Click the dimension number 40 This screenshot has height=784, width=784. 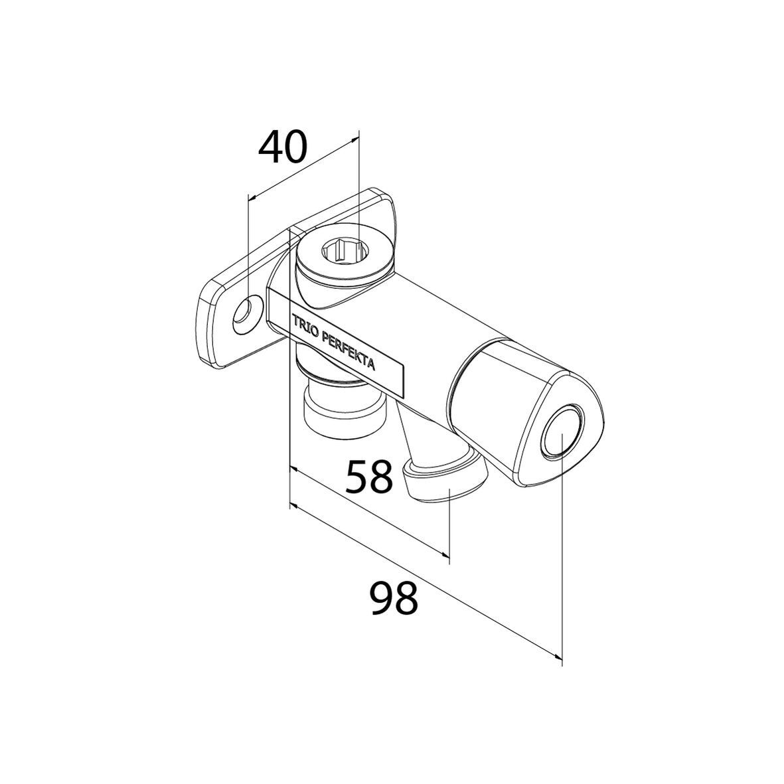pyautogui.click(x=283, y=147)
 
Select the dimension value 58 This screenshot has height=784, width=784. pyautogui.click(x=370, y=477)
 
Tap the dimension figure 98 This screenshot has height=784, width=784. pyautogui.click(x=394, y=598)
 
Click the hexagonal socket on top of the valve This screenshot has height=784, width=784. pyautogui.click(x=340, y=249)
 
